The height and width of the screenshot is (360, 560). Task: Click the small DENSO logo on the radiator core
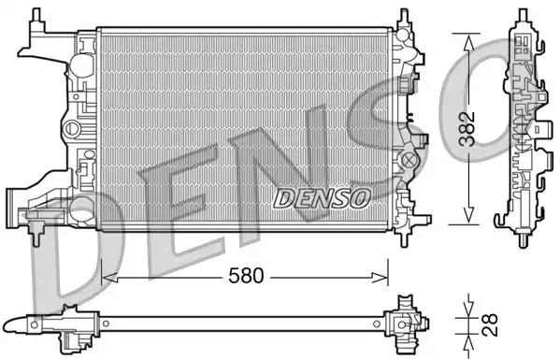[322, 197]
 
